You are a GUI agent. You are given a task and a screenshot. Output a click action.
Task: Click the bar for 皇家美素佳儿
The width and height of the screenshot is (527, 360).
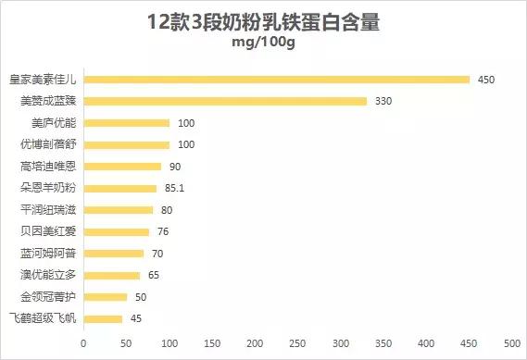(x=276, y=80)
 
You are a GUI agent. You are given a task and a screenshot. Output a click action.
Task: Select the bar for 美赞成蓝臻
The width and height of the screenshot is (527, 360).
(x=225, y=101)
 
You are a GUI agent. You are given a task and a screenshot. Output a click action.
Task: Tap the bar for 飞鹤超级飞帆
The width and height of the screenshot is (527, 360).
(x=103, y=319)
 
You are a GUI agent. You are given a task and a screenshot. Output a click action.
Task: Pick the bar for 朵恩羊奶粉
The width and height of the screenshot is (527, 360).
(x=119, y=188)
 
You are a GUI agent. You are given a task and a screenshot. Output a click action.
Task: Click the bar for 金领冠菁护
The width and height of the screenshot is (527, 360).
(x=105, y=297)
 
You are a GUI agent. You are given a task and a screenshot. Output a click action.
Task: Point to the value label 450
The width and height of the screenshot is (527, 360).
(x=486, y=80)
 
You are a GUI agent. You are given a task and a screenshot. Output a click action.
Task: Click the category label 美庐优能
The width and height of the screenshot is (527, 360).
(x=53, y=123)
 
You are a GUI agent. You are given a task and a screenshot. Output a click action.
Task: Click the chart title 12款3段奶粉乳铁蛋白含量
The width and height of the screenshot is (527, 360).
(x=263, y=22)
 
